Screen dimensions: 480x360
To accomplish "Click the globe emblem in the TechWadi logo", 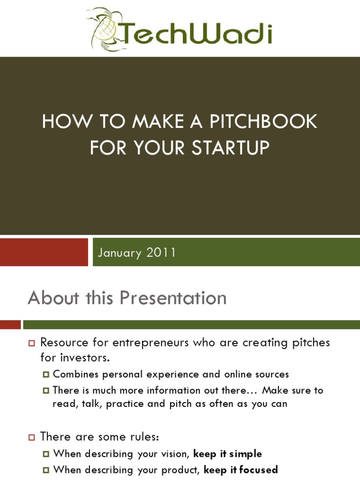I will tap(104, 30).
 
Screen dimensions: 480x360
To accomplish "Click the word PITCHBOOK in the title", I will tap(263, 122).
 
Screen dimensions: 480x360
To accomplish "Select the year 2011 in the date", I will tap(161, 253).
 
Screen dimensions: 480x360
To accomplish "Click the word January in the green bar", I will tap(120, 253).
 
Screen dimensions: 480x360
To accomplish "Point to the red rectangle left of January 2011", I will tap(44, 252).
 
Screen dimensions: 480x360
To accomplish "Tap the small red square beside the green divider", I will tap(10, 324).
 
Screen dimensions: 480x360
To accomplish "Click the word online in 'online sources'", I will tap(244, 374).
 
